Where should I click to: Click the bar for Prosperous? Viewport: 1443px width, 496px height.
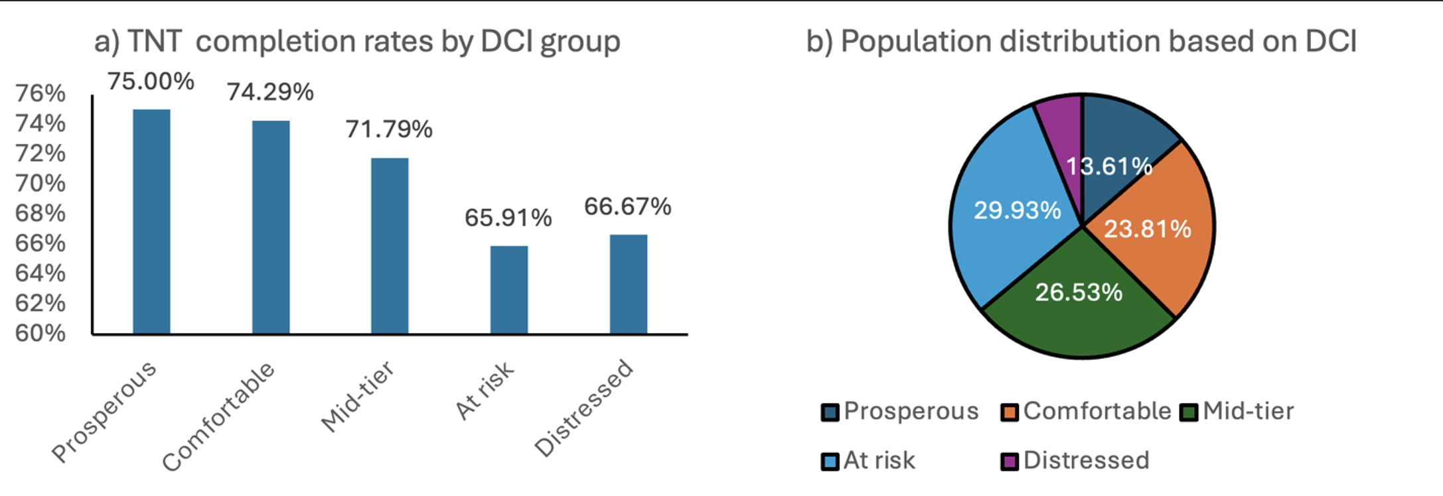[x=151, y=221]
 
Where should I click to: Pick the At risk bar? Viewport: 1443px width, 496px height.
[x=509, y=290]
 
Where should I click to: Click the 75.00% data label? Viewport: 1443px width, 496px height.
[x=151, y=82]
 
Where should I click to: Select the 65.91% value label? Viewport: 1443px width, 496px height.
[x=508, y=217]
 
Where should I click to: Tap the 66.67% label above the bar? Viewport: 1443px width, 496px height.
[x=627, y=207]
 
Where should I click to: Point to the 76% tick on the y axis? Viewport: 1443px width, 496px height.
[x=40, y=93]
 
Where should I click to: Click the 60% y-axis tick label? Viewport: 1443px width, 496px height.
[x=40, y=333]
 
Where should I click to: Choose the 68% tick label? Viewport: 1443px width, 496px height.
[x=40, y=214]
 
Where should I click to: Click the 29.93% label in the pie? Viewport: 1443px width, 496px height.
[x=1017, y=210]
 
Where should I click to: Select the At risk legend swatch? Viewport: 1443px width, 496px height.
[x=830, y=462]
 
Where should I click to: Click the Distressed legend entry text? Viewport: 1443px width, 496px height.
[x=1086, y=460]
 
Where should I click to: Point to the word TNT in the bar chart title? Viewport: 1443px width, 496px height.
[x=154, y=41]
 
